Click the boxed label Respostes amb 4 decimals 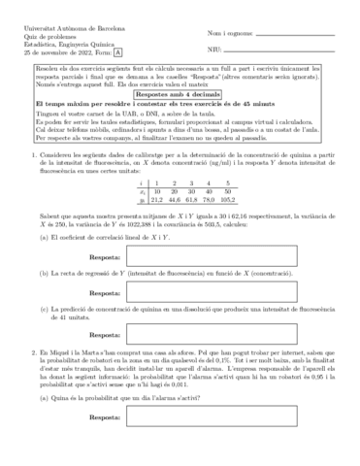(x=180, y=92)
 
